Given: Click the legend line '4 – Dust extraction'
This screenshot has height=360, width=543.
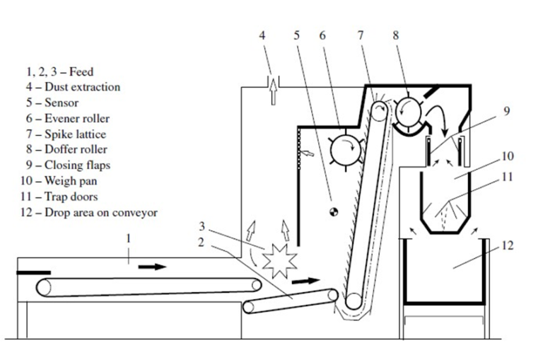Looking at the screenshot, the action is point(73,86).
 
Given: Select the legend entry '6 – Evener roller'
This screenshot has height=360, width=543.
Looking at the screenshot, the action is point(68,119).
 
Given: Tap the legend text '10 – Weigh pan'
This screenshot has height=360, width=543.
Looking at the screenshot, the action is point(59,181).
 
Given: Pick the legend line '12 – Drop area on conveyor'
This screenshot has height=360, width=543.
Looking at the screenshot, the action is point(88,212).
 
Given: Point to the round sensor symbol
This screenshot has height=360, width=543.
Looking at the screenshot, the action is point(334,211).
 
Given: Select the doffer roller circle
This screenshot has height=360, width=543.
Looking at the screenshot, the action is point(408,112).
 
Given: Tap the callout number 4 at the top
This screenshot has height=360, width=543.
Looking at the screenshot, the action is point(262,35).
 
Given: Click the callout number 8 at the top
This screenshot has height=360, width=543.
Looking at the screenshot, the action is point(395,35).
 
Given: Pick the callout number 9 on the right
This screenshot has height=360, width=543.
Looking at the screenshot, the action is point(506,111).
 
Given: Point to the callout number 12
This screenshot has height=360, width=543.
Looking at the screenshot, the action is point(507,245).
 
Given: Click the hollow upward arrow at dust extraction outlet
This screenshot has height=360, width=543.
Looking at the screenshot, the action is point(273,91).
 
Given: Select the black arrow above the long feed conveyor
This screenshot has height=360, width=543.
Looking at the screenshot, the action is point(153,267).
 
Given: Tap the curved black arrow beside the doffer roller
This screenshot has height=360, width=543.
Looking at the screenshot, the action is point(438,119).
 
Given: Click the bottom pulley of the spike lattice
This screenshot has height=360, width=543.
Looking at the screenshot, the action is point(354,301).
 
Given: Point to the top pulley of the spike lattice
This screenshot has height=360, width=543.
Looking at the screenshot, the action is point(380,111).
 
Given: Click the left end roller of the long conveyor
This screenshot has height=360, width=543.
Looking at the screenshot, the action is point(44,287).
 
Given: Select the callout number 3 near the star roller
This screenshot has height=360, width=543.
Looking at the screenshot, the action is point(202,226).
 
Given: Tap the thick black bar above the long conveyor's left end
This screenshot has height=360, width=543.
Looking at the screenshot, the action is point(34,273).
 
